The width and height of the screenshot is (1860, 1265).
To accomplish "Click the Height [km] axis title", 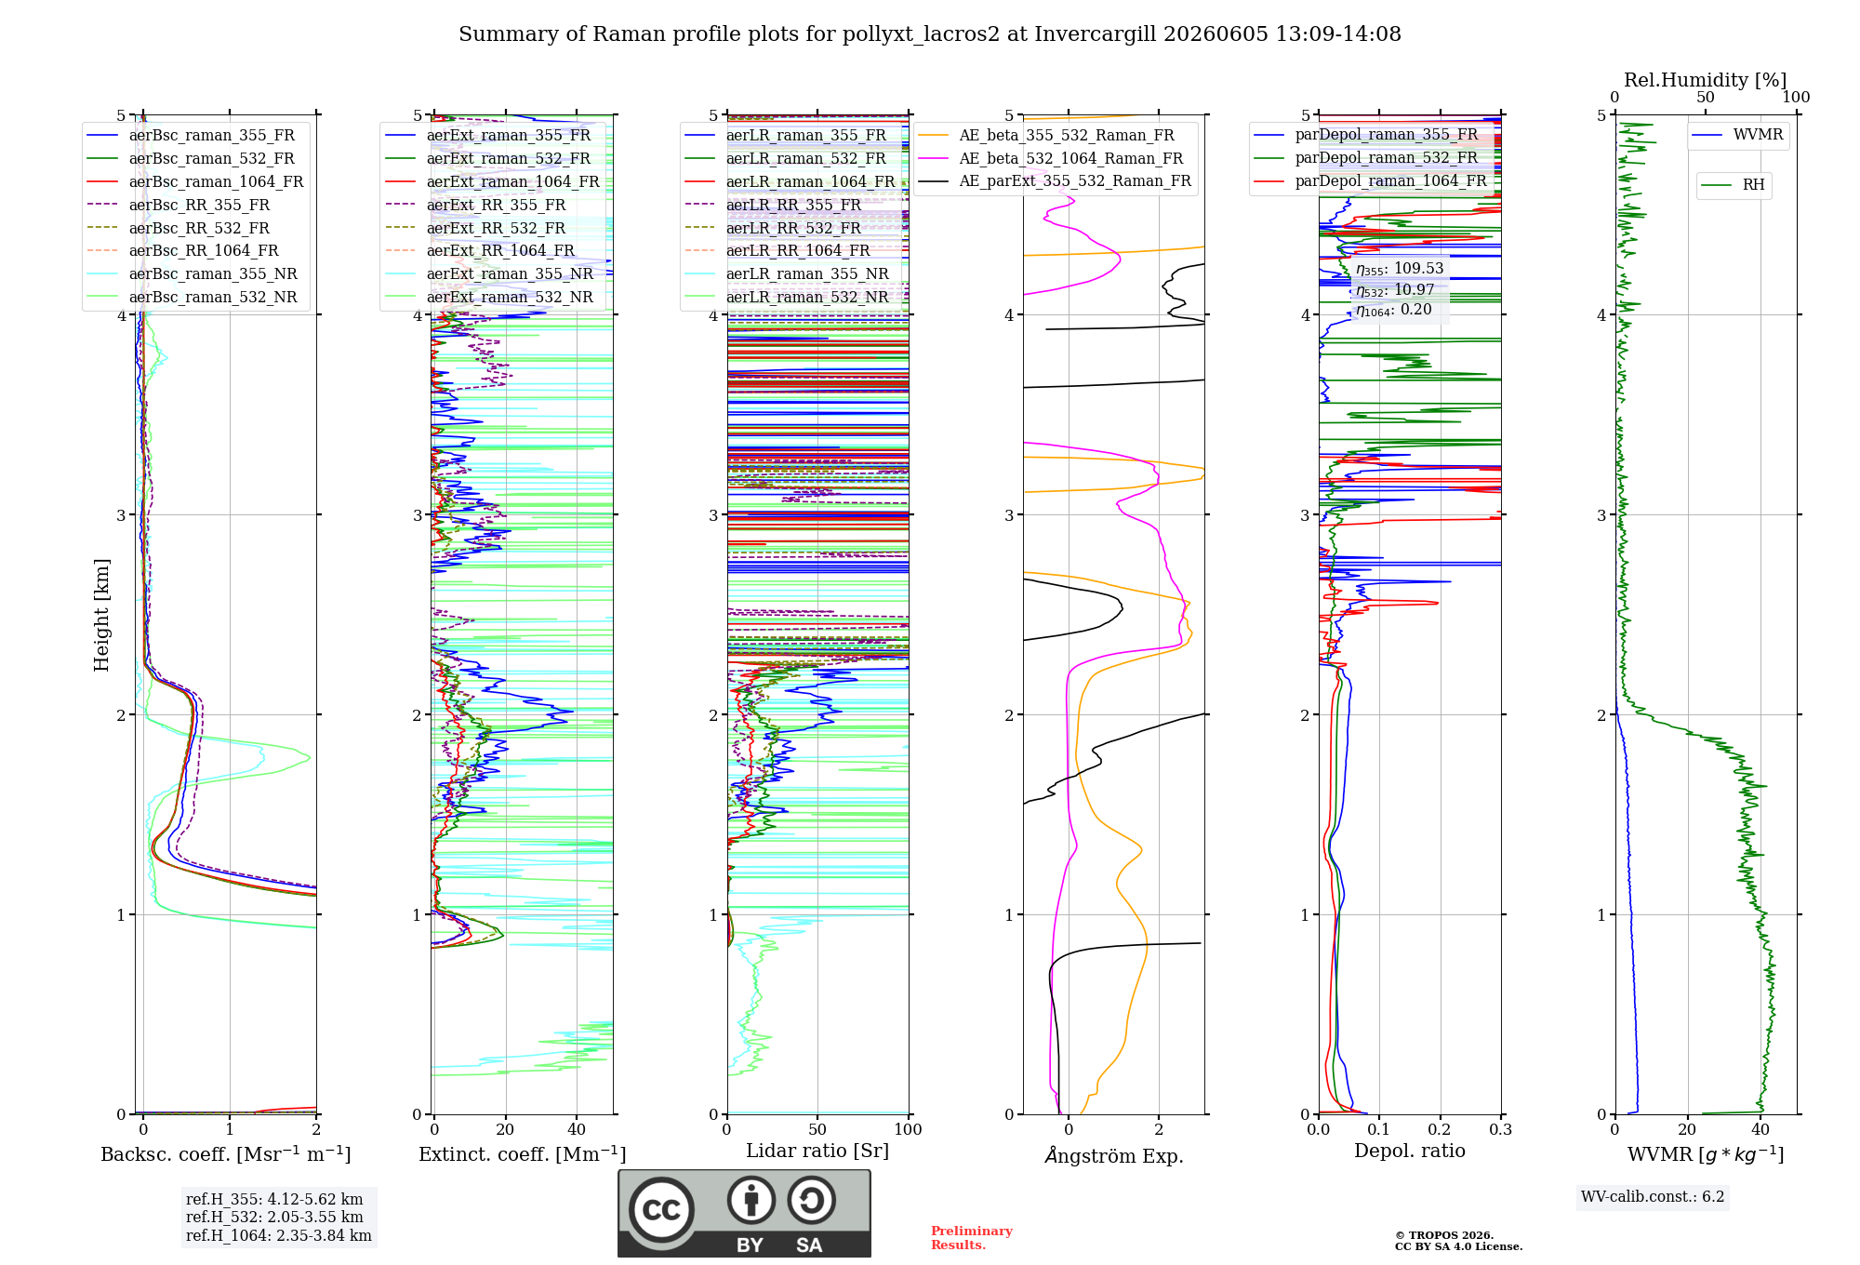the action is [x=101, y=615].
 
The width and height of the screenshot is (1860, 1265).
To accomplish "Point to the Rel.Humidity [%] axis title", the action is [x=1706, y=80].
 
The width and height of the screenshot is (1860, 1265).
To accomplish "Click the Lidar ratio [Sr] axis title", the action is [x=817, y=1151].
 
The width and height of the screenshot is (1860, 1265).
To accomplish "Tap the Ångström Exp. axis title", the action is [x=1114, y=1155].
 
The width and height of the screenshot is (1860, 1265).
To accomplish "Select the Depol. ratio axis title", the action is [x=1410, y=1151].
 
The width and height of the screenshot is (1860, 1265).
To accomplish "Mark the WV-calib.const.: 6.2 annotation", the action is [x=1653, y=1196].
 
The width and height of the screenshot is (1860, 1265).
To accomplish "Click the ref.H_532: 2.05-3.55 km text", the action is [x=274, y=1217].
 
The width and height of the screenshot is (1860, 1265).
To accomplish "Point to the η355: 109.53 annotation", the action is [x=1400, y=269].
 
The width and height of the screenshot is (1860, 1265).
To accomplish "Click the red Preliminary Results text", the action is [x=972, y=1238].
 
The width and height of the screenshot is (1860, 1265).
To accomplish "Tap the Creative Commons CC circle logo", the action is [x=661, y=1209].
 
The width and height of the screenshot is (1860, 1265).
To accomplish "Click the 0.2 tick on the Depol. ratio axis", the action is [x=1440, y=1129].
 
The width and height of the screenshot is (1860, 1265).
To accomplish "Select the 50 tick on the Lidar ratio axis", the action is [x=817, y=1129].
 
